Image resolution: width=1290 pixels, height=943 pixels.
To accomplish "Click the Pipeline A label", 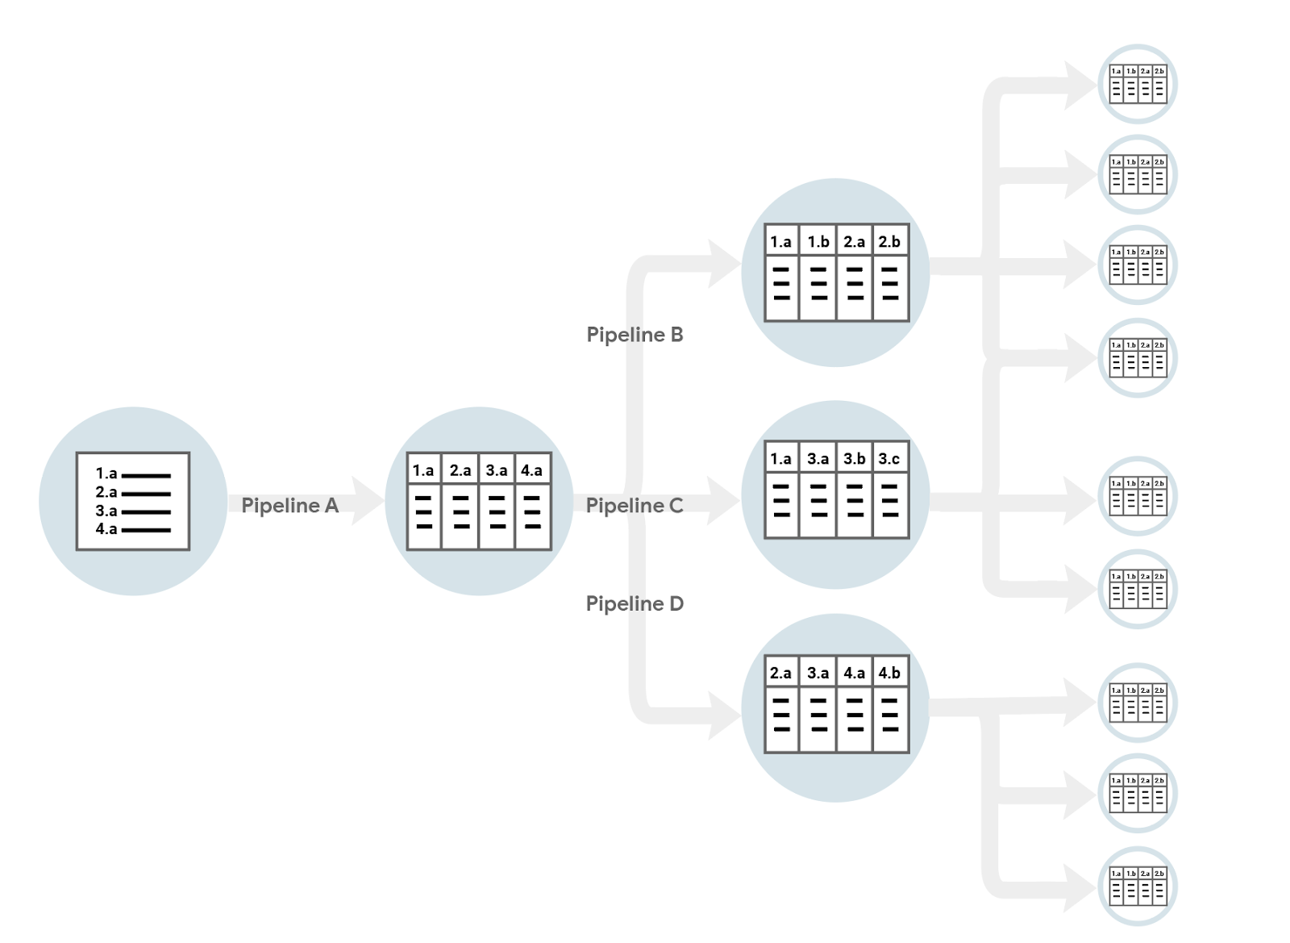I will pyautogui.click(x=289, y=506).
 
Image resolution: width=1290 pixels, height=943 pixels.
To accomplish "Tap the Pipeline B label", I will pyautogui.click(x=635, y=335).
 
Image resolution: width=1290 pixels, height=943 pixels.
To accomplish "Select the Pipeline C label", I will pyautogui.click(x=635, y=506).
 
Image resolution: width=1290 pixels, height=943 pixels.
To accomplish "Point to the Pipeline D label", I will pyautogui.click(x=635, y=603).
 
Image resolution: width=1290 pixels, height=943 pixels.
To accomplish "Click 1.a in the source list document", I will pyautogui.click(x=106, y=474).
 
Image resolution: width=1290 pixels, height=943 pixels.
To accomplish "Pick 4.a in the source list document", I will pyautogui.click(x=106, y=529).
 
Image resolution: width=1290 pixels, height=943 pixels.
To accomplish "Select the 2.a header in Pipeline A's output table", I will pyautogui.click(x=460, y=470).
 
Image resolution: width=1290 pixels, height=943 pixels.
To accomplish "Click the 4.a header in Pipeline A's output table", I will pyautogui.click(x=532, y=470).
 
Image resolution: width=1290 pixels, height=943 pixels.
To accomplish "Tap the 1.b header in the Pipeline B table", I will pyautogui.click(x=818, y=241).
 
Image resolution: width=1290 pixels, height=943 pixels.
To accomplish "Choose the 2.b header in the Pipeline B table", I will pyautogui.click(x=889, y=241).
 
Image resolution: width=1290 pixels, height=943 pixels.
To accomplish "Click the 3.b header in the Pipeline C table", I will pyautogui.click(x=854, y=459).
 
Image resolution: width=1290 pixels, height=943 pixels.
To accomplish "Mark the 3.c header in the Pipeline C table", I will pyautogui.click(x=889, y=459).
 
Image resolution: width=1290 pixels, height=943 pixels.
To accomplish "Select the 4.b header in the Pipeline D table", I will pyautogui.click(x=889, y=673).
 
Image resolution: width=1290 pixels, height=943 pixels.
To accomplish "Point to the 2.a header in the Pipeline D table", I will pyautogui.click(x=780, y=673).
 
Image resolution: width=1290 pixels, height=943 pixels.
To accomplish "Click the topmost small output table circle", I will pyautogui.click(x=1138, y=84).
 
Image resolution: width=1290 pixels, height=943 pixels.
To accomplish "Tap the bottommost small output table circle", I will pyautogui.click(x=1138, y=886).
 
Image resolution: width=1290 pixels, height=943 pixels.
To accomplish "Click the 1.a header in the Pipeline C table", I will pyautogui.click(x=780, y=459).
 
